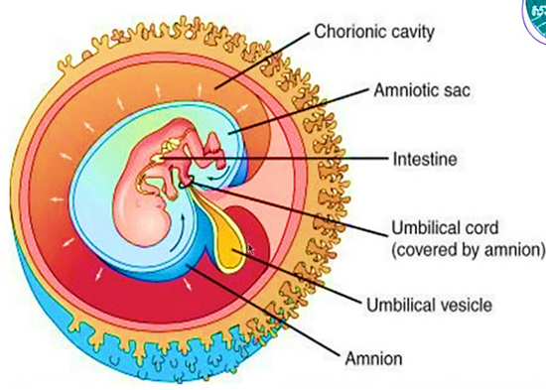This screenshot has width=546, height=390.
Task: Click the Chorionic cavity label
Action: point(374,32)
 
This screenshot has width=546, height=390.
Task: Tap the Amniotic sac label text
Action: point(422,90)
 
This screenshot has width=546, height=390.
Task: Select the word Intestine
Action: point(425,159)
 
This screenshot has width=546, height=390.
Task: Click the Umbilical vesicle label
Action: point(429,305)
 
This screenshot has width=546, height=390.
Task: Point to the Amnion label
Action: point(373,358)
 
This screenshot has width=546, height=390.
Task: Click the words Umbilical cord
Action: point(445,228)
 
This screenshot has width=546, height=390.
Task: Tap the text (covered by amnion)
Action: point(468,250)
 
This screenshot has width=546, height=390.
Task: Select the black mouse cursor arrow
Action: point(251,249)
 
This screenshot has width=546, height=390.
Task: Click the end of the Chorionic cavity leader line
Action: point(215,88)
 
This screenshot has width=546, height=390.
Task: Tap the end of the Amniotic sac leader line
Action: point(229,134)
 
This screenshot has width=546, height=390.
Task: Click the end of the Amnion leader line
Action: point(189,266)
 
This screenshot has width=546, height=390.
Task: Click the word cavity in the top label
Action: point(413,32)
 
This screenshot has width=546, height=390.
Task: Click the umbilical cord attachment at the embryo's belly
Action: point(187,183)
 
